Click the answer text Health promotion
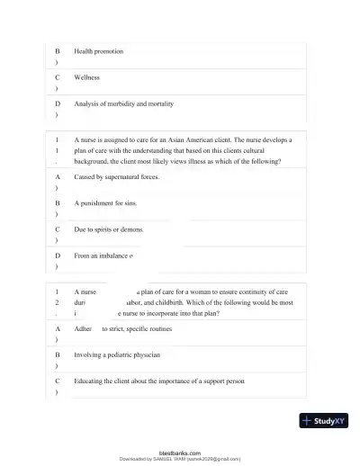98,51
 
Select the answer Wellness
87,77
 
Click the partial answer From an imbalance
103,255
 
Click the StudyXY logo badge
323,420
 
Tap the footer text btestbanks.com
180,453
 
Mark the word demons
133,229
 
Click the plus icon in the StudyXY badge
308,420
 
